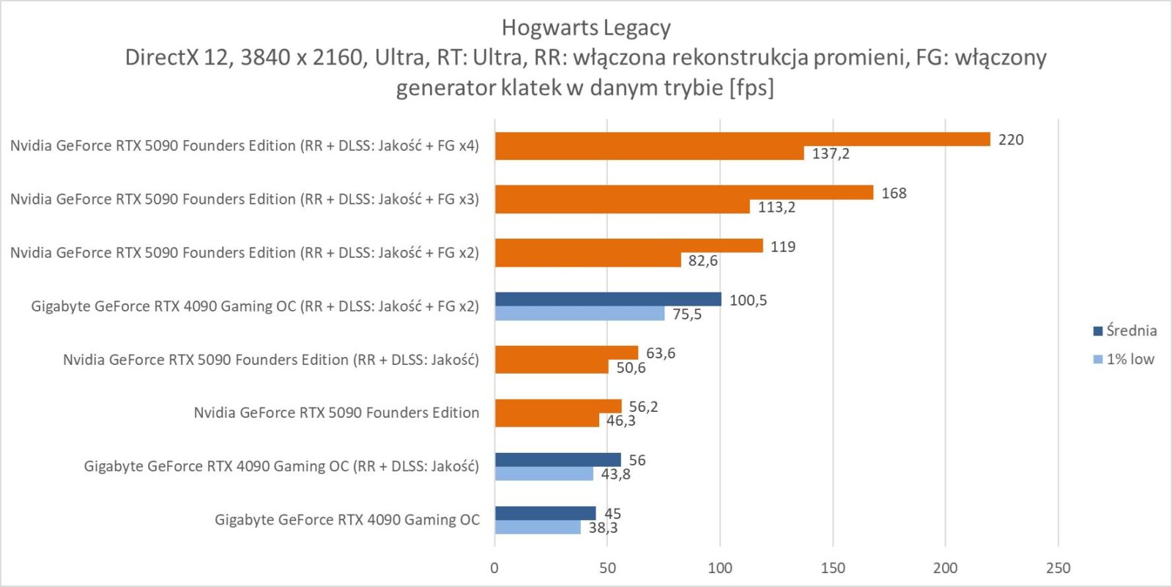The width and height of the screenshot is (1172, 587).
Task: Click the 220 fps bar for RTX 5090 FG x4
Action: pyautogui.click(x=742, y=139)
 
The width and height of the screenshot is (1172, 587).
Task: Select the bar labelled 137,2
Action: pyautogui.click(x=649, y=153)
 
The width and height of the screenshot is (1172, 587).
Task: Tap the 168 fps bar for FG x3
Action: pyautogui.click(x=683, y=193)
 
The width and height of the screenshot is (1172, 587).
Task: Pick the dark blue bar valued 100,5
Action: pyautogui.click(x=608, y=299)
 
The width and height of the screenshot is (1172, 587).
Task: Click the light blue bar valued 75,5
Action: pyautogui.click(x=579, y=314)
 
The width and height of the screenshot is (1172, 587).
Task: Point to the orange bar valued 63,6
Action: pyautogui.click(x=566, y=352)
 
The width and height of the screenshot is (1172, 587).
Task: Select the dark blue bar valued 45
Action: pyautogui.click(x=545, y=513)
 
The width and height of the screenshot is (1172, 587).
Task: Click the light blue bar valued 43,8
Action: pyautogui.click(x=544, y=474)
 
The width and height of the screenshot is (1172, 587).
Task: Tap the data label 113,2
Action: pyautogui.click(x=776, y=207)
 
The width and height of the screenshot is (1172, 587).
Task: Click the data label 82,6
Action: pyautogui.click(x=702, y=261)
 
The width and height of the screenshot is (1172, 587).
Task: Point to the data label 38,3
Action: pyautogui.click(x=603, y=528)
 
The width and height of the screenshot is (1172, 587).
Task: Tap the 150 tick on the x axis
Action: pyautogui.click(x=833, y=568)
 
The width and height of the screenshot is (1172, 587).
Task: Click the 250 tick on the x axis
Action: pyautogui.click(x=1058, y=568)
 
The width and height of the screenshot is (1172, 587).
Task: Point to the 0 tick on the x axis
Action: pyautogui.click(x=494, y=568)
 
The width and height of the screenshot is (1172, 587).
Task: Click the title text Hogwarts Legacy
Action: pyautogui.click(x=586, y=28)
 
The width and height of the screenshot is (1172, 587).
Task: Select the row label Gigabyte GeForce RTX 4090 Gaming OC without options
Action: pyautogui.click(x=347, y=520)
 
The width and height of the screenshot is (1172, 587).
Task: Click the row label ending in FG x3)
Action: pyautogui.click(x=245, y=199)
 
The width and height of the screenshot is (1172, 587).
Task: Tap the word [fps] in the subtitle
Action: pyautogui.click(x=752, y=88)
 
